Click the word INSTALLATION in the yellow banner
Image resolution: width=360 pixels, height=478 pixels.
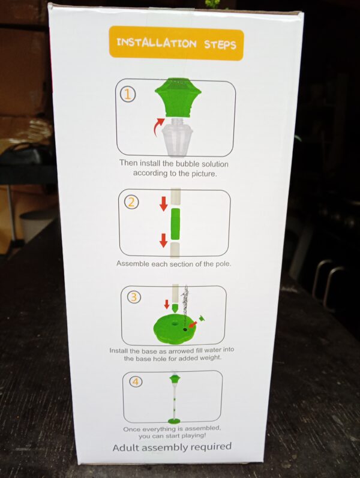coord(157,43)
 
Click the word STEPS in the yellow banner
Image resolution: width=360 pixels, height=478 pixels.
coord(220,44)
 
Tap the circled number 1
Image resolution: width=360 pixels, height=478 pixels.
coord(128,95)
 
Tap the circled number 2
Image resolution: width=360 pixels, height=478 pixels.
coord(131,202)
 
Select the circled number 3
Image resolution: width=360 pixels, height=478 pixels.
coord(134,297)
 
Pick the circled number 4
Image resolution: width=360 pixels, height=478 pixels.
coord(136,381)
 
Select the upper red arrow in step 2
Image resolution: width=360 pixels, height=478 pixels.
coord(164,204)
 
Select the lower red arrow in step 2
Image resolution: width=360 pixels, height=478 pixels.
coord(164,240)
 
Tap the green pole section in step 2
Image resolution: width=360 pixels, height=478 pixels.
coord(175,224)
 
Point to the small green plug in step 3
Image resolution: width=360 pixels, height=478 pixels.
coord(201,318)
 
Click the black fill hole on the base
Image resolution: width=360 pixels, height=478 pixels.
coord(185,329)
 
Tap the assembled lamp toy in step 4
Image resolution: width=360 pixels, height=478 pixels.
coord(174,398)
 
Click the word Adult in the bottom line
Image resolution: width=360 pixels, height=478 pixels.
coord(126,447)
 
